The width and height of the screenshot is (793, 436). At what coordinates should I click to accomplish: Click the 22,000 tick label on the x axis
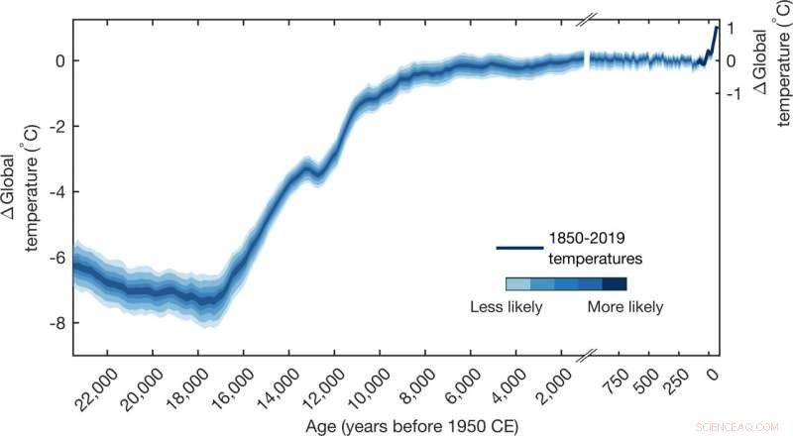(92, 381)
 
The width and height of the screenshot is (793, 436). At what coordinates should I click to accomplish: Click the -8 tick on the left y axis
(57, 323)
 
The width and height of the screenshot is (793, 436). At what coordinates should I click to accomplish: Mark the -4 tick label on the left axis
(57, 191)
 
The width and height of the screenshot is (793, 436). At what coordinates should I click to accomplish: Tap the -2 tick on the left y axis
(57, 126)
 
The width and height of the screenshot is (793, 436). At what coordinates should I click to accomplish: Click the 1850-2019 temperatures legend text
(593, 249)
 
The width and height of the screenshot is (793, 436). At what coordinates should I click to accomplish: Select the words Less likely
(506, 307)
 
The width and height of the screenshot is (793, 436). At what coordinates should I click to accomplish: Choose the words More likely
(624, 307)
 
